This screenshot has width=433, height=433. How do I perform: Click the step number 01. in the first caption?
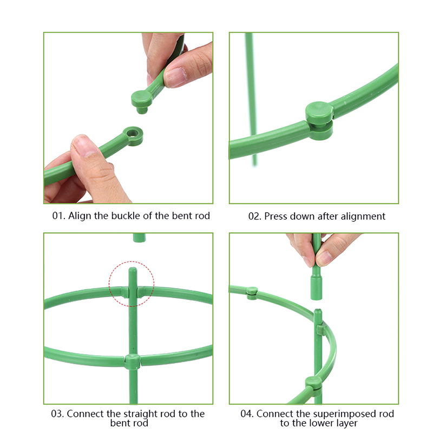point(58,215)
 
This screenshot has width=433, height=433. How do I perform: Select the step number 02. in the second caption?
point(254,216)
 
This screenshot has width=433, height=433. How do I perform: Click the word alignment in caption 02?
point(363,216)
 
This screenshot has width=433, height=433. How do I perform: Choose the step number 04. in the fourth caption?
point(247,414)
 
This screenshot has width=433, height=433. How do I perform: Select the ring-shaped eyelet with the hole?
point(133,136)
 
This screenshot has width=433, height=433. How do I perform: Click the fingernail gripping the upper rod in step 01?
point(175,77)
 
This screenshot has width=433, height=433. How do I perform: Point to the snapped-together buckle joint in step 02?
point(319,121)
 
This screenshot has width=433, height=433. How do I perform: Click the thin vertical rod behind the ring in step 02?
point(251,100)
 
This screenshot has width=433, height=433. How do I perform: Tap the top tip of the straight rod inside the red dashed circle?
point(133,268)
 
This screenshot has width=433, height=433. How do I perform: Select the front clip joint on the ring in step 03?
point(133,362)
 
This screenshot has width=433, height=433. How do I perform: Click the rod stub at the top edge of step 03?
point(139,238)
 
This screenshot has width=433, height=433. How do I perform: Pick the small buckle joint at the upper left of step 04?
point(252,293)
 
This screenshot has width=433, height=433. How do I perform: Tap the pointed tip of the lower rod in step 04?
point(318,310)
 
